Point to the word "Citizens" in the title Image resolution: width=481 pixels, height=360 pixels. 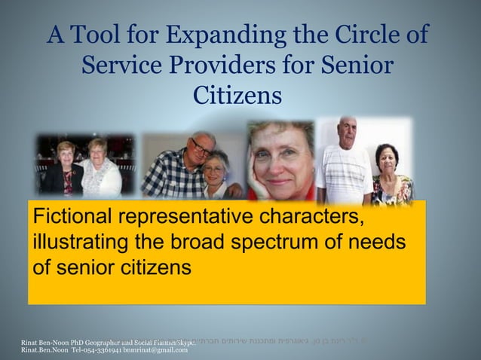point(237,96)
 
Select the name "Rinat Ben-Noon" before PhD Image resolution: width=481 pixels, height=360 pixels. point(42,343)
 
